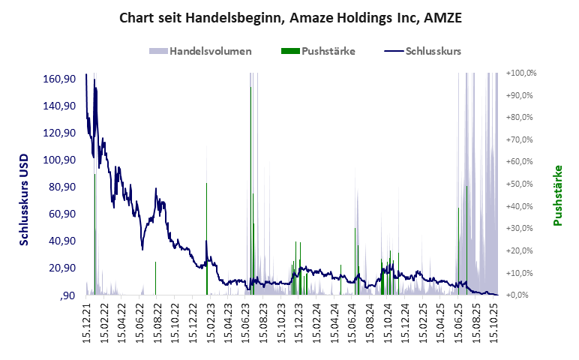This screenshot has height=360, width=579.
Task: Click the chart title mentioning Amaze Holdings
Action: coord(290,17)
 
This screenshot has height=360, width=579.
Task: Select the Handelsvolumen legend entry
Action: coord(200,52)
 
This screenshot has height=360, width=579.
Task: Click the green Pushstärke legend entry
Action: coord(318,52)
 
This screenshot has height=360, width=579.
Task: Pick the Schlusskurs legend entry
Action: coord(422,52)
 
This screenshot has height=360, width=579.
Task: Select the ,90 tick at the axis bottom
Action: coord(67,295)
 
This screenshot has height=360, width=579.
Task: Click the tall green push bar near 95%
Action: coord(250,187)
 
